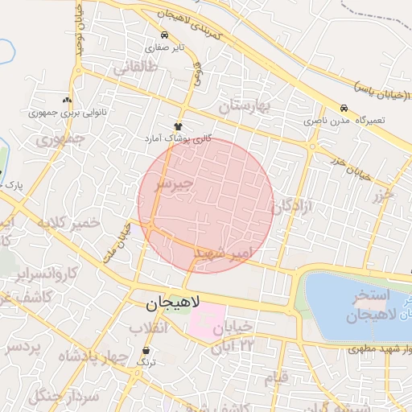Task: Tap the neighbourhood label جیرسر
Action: (175, 184)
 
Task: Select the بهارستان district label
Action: (247, 105)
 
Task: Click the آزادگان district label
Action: (296, 208)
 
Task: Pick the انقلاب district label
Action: (148, 328)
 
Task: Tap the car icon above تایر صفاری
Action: (165, 35)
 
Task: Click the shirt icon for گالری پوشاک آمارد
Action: (179, 126)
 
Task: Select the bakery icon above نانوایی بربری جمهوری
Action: (67, 101)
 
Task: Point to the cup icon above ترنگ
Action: (146, 351)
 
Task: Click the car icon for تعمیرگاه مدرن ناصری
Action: (344, 108)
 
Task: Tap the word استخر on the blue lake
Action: (371, 296)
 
